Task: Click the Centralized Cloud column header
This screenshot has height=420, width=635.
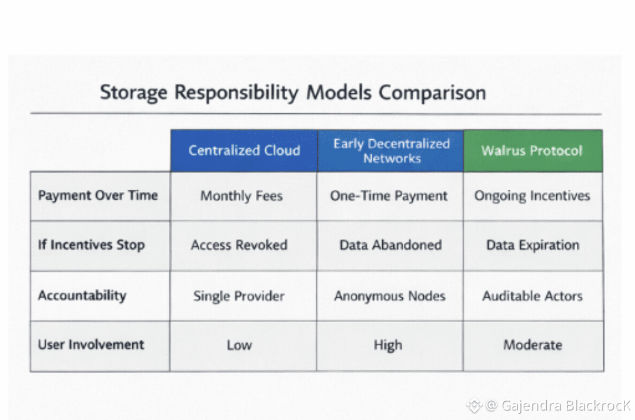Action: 244,150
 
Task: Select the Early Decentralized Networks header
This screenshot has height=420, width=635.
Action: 391,150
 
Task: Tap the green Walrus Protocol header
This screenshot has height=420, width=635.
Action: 533,150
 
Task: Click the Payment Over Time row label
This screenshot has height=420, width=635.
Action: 98,196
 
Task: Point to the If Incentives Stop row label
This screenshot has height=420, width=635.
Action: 91,245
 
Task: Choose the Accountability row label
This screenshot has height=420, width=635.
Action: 82,295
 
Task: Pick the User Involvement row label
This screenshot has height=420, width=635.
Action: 91,344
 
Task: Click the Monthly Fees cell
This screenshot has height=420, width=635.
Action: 242,196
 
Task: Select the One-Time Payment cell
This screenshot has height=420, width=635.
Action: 389,196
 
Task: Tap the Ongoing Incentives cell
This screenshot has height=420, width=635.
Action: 532,196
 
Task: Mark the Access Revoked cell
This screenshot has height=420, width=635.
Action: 239,245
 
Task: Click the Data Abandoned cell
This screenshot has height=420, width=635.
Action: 390,245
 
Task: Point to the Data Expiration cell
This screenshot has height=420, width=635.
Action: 533,245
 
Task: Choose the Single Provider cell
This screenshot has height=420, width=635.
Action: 239,296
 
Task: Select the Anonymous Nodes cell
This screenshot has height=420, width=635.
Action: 390,296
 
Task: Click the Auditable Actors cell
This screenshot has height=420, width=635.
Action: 533,296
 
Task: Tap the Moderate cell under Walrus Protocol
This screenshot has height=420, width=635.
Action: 533,345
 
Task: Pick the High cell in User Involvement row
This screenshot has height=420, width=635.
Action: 388,345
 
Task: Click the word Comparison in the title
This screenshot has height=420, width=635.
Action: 432,93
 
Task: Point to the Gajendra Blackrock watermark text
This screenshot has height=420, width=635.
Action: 565,405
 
